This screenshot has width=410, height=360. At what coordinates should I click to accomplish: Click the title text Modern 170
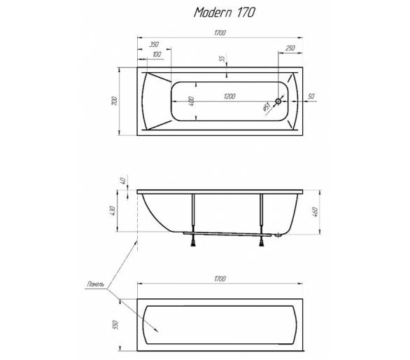224,13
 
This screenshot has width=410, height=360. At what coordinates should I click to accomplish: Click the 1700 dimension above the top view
220,33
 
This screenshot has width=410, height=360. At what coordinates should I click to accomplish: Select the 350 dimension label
154,45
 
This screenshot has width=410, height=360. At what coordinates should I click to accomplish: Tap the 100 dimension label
157,55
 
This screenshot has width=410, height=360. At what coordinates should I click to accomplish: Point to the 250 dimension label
290,48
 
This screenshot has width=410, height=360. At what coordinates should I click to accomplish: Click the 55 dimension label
222,59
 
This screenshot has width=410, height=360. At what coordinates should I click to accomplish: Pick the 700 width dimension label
114,101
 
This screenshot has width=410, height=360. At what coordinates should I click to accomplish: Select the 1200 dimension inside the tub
229,97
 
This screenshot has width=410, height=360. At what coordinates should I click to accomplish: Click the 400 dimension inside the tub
191,102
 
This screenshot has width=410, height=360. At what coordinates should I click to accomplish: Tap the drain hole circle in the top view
278,101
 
